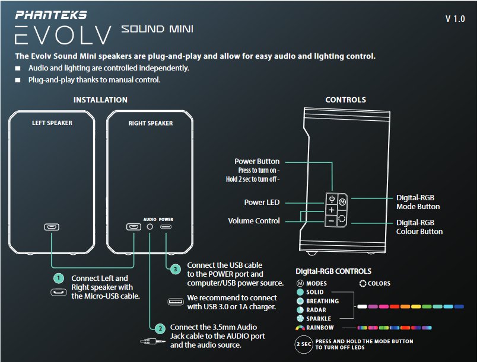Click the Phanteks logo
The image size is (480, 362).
(51, 14)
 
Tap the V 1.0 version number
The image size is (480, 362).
(455, 19)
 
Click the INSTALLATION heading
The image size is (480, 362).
(100, 100)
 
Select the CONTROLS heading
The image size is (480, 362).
(345, 100)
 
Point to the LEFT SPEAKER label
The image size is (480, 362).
(52, 123)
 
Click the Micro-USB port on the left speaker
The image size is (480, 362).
(52, 227)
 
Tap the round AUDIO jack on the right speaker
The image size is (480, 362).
(150, 227)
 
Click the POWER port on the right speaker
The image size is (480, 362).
(166, 227)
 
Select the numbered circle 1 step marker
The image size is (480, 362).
(58, 278)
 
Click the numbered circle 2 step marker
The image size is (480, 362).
(158, 328)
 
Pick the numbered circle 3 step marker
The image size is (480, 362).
(175, 269)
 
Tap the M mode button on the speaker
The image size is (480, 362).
(342, 201)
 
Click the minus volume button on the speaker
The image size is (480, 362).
(331, 221)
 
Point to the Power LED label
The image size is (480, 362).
(262, 203)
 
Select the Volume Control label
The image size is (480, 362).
(253, 221)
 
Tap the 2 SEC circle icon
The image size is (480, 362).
(304, 344)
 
